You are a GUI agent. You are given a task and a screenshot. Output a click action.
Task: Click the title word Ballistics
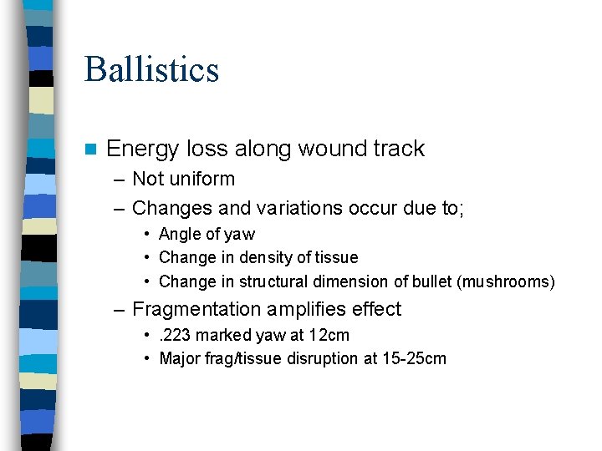point(151,69)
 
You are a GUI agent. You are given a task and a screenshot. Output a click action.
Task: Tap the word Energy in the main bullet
point(143,149)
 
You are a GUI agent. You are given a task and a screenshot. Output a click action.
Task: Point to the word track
point(395,149)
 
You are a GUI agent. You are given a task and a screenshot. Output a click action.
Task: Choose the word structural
point(257,281)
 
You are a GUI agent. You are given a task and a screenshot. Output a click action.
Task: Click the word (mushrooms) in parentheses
point(506,281)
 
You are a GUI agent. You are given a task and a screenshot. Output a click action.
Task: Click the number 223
point(176,335)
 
